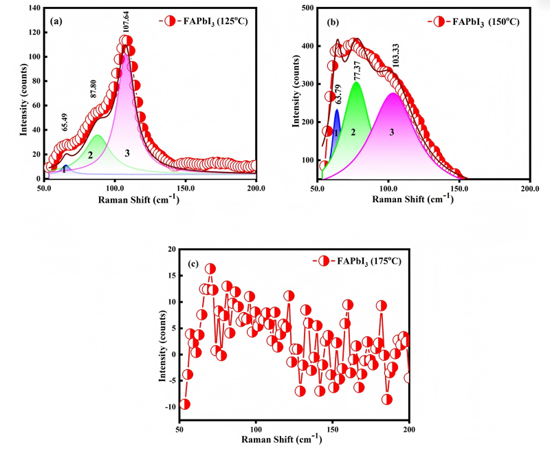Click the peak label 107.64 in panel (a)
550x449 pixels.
(x=126, y=21)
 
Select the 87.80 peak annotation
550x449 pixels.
(x=93, y=89)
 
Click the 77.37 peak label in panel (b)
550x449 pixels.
(x=357, y=72)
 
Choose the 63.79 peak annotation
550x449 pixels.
(x=338, y=94)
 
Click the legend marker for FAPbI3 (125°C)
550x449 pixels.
(x=170, y=21)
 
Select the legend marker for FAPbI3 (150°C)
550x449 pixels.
(x=439, y=22)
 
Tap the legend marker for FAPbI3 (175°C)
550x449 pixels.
(x=323, y=261)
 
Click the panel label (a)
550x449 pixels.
(x=56, y=21)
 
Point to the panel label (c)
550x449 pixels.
(x=194, y=263)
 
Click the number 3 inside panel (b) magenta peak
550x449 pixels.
(x=392, y=132)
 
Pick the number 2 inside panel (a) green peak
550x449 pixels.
(x=90, y=155)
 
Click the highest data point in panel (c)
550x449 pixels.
(x=210, y=269)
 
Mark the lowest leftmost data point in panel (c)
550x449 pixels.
(x=184, y=404)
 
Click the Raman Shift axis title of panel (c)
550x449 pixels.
(x=282, y=439)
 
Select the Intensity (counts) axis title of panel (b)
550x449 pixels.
(x=297, y=91)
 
